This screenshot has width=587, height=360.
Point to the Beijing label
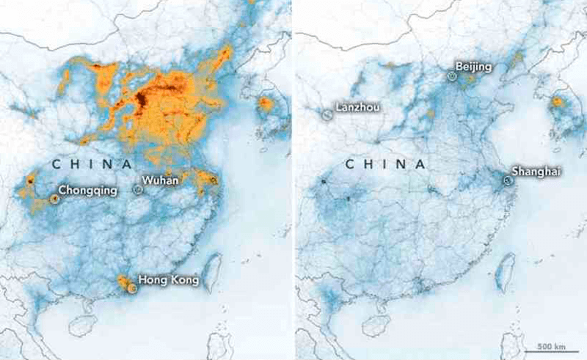pos(473,67)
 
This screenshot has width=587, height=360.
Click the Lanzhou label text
pos(357,107)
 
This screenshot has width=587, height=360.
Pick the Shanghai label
pos(536,171)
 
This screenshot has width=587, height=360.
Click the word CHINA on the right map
pos(385,164)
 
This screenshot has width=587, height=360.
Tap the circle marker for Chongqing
pos(54,199)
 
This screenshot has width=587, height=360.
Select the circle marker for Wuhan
pos(137,189)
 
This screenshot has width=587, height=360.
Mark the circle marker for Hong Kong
pos(132,288)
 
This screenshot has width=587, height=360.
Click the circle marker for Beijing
pos(451,74)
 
